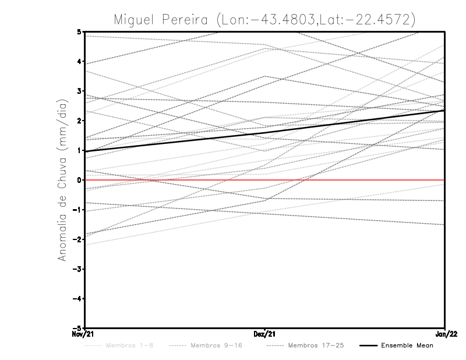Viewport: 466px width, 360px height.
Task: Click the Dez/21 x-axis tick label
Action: [x=265, y=334]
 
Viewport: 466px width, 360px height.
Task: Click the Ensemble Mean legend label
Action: [x=407, y=345]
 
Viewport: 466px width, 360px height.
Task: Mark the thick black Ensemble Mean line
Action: [x=265, y=133]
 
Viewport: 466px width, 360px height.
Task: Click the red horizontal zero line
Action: [x=349, y=180]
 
